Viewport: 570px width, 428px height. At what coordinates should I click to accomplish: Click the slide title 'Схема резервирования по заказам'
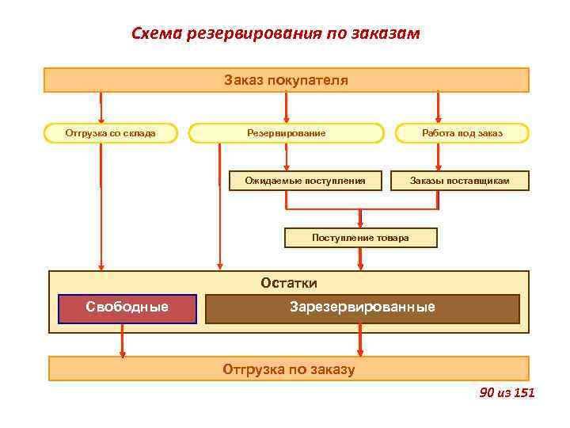[275, 34]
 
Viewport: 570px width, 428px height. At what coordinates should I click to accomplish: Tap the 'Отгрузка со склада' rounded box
[110, 133]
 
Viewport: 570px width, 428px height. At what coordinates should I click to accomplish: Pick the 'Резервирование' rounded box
[286, 133]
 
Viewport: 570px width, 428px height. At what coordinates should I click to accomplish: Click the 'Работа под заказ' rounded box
[462, 133]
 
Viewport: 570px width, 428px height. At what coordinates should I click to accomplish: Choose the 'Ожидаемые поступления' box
[305, 182]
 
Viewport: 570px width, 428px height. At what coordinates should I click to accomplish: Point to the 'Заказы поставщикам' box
[459, 182]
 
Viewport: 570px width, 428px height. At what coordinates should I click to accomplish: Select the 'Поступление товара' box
[360, 237]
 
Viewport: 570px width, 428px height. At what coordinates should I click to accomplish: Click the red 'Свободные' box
[127, 308]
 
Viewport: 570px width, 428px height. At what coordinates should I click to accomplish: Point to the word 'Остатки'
[289, 283]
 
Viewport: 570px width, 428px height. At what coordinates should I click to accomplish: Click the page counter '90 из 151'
[507, 392]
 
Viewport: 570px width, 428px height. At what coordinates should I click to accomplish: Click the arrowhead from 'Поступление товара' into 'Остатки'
[360, 265]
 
